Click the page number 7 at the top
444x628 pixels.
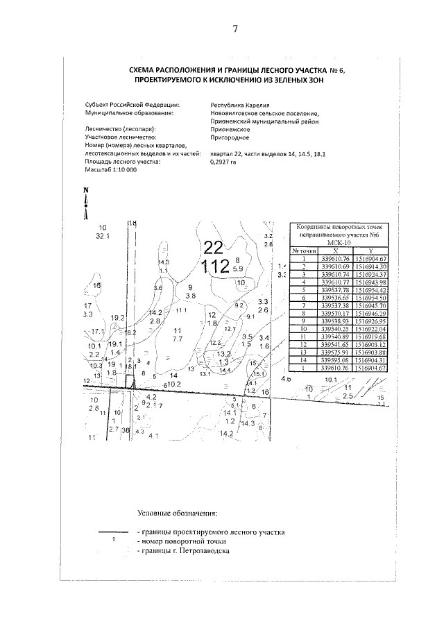pos(235,28)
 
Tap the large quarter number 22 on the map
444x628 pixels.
pos(213,247)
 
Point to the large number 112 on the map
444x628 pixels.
pos(215,266)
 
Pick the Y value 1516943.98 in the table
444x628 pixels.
pos(370,282)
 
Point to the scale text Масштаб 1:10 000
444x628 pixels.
pos(110,169)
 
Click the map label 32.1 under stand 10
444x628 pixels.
pos(103,236)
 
